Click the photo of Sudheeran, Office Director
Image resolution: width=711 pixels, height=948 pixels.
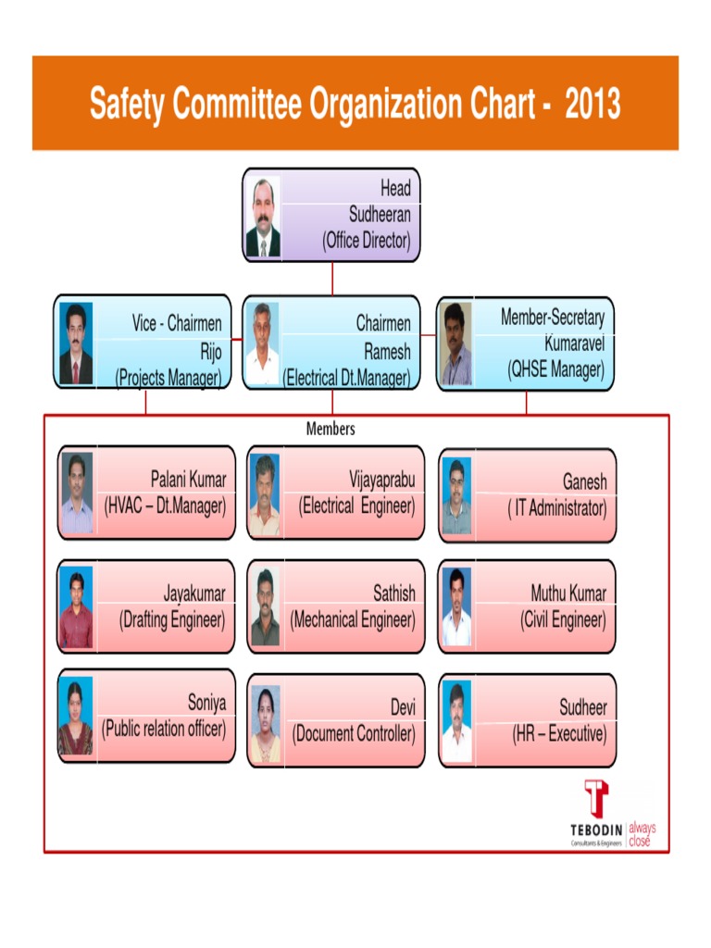[263, 218]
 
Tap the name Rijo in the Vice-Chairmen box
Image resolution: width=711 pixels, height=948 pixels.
[210, 351]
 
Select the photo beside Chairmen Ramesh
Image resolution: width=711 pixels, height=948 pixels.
[263, 343]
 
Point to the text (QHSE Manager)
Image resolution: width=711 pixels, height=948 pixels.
[555, 369]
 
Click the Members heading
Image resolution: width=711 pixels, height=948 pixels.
[331, 430]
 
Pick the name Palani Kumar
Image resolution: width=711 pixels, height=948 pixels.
[188, 479]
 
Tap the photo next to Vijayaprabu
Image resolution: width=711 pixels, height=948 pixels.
[264, 494]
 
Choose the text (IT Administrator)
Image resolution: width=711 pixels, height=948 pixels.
[556, 508]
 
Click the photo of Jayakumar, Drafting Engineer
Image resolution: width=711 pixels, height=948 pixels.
[76, 607]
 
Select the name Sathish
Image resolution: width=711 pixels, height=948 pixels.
[394, 592]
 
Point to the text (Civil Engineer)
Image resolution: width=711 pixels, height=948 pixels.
[563, 620]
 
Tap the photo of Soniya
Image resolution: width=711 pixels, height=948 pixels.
[76, 717]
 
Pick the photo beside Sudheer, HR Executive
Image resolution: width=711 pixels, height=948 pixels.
[456, 721]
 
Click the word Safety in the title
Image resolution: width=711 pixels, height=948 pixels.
[127, 105]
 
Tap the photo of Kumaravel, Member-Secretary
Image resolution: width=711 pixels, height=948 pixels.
[455, 343]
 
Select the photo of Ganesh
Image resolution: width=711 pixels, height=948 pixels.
[456, 496]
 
